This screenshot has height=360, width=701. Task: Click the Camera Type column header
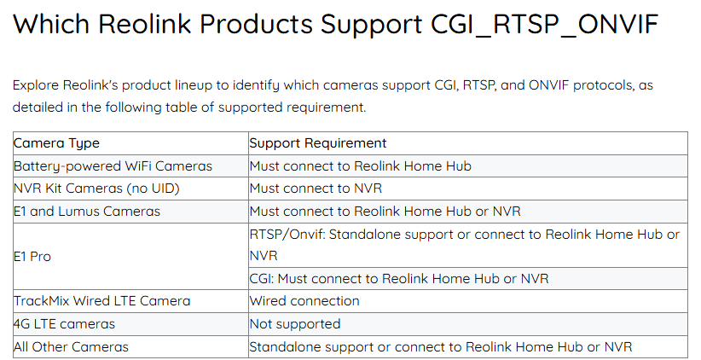(56, 143)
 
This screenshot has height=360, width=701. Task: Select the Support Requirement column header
(318, 143)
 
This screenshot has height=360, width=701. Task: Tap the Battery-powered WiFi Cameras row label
(113, 166)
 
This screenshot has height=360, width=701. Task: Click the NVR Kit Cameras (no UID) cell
(96, 189)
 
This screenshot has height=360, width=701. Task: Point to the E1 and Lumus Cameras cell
(87, 211)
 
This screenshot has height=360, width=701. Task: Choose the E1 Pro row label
(32, 257)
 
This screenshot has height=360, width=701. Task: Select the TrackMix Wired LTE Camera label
(102, 301)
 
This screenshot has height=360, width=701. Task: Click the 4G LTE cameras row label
(64, 324)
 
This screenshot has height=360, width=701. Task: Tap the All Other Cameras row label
(71, 346)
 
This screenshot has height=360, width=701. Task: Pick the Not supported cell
(295, 324)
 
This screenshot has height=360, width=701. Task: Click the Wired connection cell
(304, 301)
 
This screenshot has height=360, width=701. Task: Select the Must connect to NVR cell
(316, 189)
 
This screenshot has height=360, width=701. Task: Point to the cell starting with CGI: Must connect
(399, 279)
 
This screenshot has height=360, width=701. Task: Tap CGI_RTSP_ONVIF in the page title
(545, 24)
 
